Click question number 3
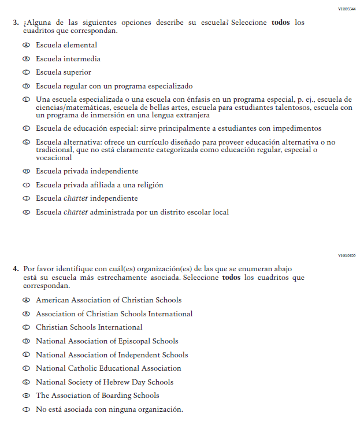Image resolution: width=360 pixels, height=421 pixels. (x=16, y=23)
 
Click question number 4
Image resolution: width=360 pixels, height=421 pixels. (x=16, y=269)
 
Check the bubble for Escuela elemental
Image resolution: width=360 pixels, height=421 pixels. (x=26, y=45)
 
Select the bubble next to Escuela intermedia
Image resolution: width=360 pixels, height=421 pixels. (x=26, y=59)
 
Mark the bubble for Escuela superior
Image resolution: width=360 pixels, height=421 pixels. (x=26, y=73)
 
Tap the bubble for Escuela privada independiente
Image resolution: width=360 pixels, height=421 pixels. (x=26, y=172)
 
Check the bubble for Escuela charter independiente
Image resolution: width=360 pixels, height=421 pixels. (x=26, y=199)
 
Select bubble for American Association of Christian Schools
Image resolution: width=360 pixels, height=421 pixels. (x=26, y=301)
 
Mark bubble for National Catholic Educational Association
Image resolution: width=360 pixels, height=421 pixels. (x=26, y=368)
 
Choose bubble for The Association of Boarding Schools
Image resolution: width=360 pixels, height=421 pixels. (x=26, y=396)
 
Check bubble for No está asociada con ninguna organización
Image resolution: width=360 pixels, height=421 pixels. (x=26, y=410)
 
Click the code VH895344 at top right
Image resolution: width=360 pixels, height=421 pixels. (x=347, y=9)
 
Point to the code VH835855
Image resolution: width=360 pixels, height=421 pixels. (x=347, y=256)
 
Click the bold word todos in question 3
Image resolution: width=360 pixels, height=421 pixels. (x=280, y=23)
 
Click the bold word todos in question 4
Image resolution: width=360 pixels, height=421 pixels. (x=231, y=278)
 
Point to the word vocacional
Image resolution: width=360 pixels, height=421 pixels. (x=54, y=158)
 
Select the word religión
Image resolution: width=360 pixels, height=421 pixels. (x=148, y=185)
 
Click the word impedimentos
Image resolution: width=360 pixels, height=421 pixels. (x=300, y=128)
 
